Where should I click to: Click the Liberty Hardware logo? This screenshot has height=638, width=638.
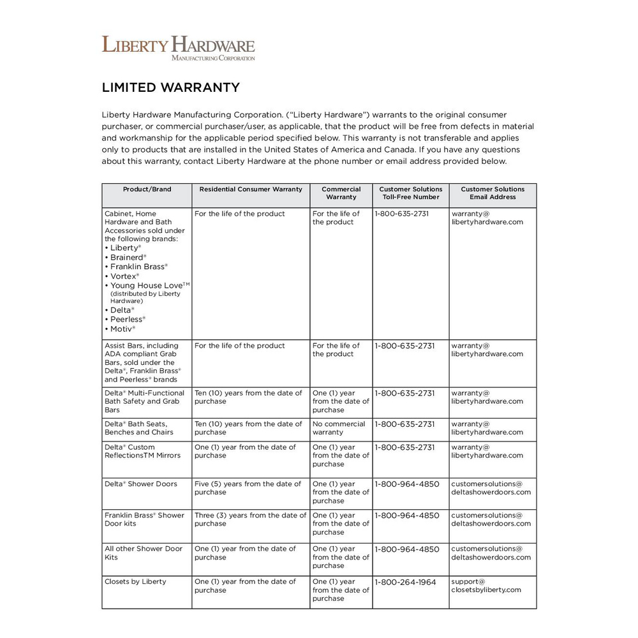(178, 48)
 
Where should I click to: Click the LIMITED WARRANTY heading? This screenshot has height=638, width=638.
(171, 87)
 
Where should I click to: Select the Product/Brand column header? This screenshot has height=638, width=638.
(147, 189)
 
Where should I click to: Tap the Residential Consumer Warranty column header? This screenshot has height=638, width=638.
(251, 189)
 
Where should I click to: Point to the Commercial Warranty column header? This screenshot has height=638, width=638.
(341, 193)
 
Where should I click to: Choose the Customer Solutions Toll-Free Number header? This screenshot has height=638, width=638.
(410, 193)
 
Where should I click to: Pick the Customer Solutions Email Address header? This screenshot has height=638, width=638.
(493, 193)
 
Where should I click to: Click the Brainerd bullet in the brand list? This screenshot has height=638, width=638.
(126, 257)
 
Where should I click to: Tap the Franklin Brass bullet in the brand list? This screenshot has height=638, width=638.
(137, 267)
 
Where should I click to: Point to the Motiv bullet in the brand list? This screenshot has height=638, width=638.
(121, 329)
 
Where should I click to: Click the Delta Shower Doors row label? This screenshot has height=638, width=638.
(141, 484)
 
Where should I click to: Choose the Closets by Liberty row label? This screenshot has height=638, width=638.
(135, 582)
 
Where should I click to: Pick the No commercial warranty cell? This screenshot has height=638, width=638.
(339, 428)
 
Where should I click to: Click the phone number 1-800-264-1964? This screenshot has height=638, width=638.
(405, 582)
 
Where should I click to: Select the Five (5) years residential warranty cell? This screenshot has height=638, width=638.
(248, 488)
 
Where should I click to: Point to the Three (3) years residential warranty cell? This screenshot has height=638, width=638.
(250, 519)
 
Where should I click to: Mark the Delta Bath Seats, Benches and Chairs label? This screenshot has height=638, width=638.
(136, 428)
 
